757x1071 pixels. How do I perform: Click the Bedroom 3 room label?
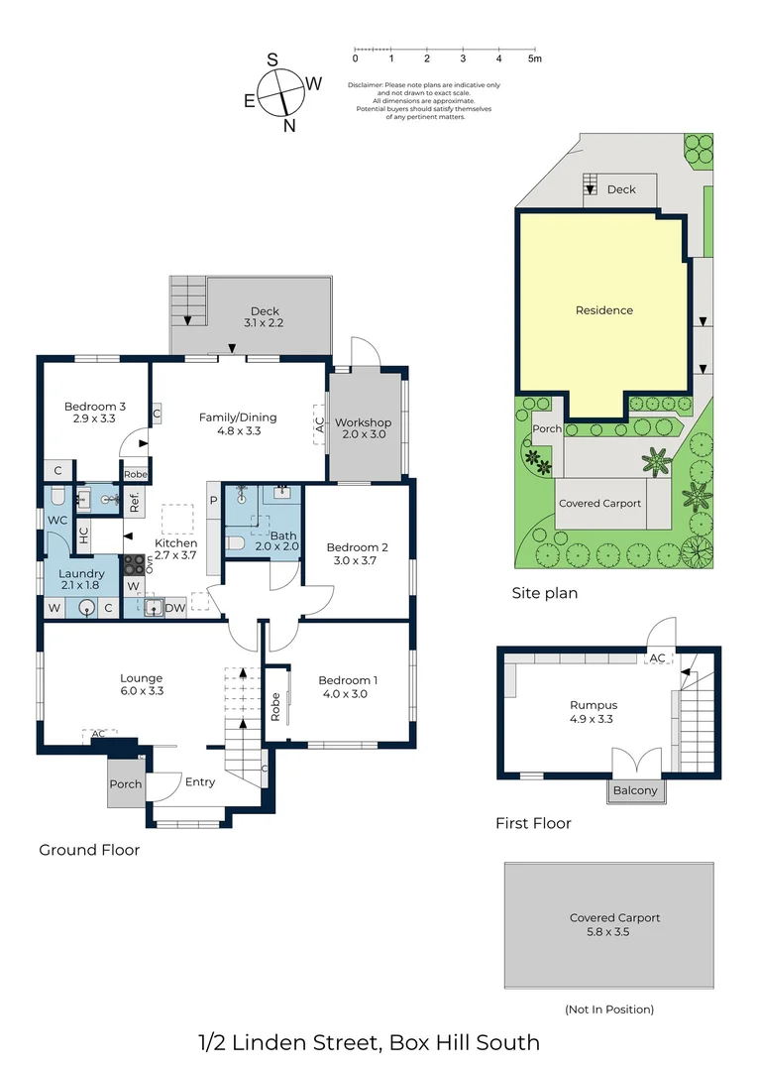tap(95, 406)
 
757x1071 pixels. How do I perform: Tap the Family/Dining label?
tap(238, 417)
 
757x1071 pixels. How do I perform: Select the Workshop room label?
tap(363, 422)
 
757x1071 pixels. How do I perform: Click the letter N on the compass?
tap(289, 125)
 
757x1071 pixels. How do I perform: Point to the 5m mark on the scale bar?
tap(534, 59)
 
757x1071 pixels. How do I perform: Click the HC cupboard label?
tap(84, 535)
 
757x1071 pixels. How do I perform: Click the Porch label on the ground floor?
tap(126, 783)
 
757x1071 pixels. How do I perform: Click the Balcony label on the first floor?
tap(633, 790)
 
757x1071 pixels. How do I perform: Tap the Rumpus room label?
tap(593, 706)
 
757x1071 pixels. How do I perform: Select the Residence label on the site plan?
tap(603, 310)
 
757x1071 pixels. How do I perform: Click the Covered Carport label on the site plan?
tap(599, 503)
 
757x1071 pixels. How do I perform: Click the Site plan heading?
tap(545, 593)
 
